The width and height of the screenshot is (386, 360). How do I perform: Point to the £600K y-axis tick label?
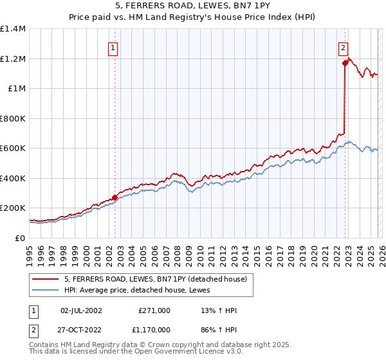[x=13, y=148]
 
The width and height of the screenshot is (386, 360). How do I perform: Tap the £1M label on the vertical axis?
[x=16, y=89]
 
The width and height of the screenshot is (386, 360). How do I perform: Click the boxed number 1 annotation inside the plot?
[x=113, y=47]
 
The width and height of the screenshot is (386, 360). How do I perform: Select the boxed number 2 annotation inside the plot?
[x=344, y=47]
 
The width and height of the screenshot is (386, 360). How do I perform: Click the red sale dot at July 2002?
[x=115, y=197]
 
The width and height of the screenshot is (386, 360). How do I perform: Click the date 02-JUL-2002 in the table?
[x=80, y=310]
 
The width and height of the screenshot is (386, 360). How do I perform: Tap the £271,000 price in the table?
[x=154, y=310]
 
